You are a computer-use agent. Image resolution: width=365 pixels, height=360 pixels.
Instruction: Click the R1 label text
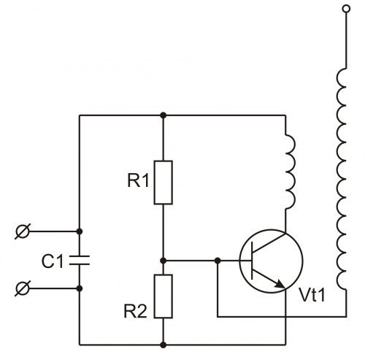138,181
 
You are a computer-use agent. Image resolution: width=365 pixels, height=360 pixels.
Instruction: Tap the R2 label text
136,311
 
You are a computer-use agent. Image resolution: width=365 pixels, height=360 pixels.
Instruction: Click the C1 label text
53,261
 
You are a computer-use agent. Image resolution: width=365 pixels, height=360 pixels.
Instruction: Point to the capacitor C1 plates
80,260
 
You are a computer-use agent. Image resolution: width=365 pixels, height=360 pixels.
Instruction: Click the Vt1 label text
312,295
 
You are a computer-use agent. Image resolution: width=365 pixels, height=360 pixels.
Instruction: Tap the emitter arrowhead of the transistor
280,284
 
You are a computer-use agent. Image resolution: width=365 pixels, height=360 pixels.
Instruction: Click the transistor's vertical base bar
252,261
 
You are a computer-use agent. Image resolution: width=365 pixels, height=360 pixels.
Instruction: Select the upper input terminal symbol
23,231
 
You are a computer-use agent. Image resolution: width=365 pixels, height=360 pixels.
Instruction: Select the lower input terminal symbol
23,288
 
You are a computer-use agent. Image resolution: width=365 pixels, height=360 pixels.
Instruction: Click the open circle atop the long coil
346,9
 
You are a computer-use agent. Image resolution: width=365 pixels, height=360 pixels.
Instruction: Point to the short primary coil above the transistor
291,172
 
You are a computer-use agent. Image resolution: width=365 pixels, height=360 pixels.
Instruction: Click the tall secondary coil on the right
342,179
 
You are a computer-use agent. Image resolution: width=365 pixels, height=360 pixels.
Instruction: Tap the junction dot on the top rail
164,115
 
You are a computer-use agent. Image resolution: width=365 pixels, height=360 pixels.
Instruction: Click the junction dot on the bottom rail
164,345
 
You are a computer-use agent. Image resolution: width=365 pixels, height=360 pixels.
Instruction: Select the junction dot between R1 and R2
164,261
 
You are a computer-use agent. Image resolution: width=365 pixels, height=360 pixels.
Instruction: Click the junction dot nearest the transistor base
218,261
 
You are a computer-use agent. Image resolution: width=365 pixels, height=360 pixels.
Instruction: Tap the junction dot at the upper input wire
80,231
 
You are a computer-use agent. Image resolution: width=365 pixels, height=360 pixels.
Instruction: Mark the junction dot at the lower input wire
80,288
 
